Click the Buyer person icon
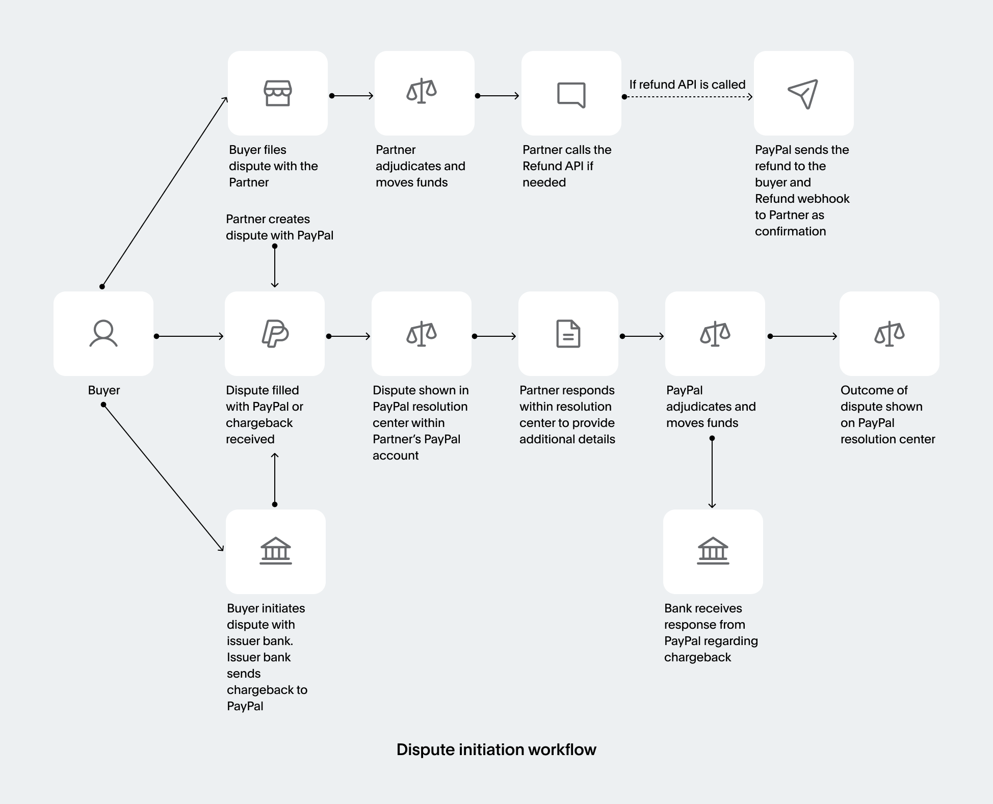tap(103, 334)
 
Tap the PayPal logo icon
tap(275, 334)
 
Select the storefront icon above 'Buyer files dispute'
tap(277, 93)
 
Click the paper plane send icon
tap(803, 94)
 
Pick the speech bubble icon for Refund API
tap(571, 95)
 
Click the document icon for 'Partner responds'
tap(568, 334)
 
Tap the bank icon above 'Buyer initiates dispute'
tap(276, 551)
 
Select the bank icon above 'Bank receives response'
tap(713, 551)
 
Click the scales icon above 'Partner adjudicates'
tap(422, 92)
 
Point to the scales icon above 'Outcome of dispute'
tap(889, 334)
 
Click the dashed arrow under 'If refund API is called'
tap(688, 97)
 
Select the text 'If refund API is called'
tap(687, 85)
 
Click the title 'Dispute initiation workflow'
tap(496, 749)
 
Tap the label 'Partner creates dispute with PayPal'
tap(279, 227)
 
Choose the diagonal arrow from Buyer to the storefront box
tap(164, 192)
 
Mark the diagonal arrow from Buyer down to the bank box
tap(163, 477)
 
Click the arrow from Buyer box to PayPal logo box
tap(189, 336)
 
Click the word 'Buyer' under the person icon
tap(103, 390)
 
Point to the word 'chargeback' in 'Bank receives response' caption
tap(697, 657)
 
